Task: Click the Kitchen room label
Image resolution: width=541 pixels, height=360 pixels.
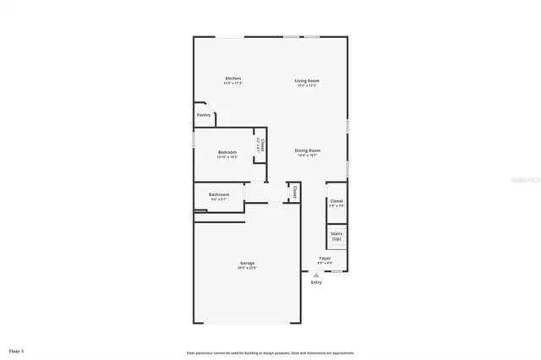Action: [227, 79]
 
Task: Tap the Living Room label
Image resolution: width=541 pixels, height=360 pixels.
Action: [307, 80]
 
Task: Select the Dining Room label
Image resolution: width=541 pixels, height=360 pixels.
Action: [309, 150]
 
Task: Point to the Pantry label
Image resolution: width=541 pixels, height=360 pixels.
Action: [204, 115]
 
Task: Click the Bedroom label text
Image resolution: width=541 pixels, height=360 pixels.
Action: [227, 152]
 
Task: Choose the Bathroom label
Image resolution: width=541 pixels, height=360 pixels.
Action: [219, 194]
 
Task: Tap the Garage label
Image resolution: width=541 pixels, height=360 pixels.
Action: [246, 263]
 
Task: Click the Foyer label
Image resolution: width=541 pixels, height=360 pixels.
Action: [325, 258]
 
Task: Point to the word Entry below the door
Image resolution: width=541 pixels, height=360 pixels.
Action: [316, 282]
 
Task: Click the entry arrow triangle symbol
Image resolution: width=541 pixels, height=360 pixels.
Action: [316, 275]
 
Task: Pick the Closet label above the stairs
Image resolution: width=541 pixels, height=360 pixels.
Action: [336, 200]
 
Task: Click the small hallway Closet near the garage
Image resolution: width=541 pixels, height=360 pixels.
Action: [294, 192]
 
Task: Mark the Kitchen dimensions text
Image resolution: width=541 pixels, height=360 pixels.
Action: [227, 84]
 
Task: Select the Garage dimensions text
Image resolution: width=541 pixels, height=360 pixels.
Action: [246, 268]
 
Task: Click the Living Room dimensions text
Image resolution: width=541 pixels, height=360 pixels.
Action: [307, 85]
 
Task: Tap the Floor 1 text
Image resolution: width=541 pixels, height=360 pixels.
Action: [17, 350]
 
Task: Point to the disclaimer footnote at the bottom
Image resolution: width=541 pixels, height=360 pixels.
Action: [270, 352]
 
